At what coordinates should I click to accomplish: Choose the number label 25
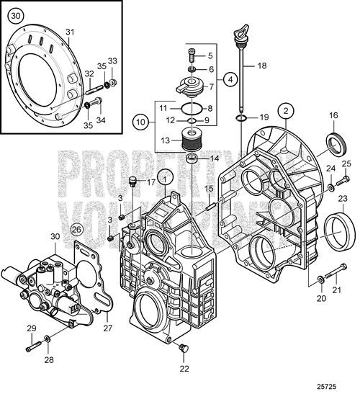tap(346, 165)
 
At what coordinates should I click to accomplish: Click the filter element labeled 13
tap(192, 138)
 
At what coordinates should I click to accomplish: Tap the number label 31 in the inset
tap(70, 31)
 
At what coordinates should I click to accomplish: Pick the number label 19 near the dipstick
tap(264, 116)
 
